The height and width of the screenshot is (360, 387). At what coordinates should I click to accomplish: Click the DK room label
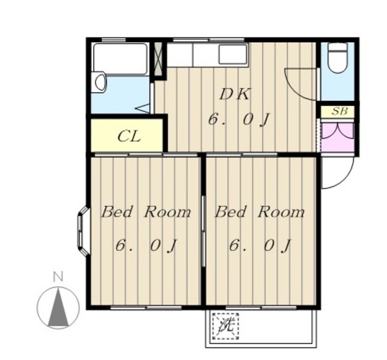[x=235, y=94]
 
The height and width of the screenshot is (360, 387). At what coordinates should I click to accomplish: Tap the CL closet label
[x=129, y=137]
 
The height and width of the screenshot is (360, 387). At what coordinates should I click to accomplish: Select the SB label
[x=339, y=112]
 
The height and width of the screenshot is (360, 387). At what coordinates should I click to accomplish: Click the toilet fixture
[x=337, y=58]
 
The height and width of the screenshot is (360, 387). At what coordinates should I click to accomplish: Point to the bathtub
[x=120, y=59]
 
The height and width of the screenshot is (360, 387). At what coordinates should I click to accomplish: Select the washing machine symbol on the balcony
[x=226, y=326]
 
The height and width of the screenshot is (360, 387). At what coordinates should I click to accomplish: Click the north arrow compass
[x=58, y=307]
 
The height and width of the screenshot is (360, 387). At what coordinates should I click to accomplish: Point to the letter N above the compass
[x=59, y=277]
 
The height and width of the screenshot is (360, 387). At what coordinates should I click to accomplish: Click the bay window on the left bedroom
[x=82, y=231]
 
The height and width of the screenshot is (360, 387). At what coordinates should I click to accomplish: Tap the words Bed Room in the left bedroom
[x=146, y=212]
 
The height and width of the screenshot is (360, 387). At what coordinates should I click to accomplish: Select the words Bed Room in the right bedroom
[x=260, y=212]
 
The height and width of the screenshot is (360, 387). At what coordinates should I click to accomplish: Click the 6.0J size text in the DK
[x=238, y=120]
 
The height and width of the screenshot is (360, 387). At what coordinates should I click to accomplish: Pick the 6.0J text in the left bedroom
[x=146, y=246]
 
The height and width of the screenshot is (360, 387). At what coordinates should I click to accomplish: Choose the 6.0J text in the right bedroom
[x=259, y=246]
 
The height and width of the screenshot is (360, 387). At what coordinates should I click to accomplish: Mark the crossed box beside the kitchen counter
[x=158, y=59]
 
